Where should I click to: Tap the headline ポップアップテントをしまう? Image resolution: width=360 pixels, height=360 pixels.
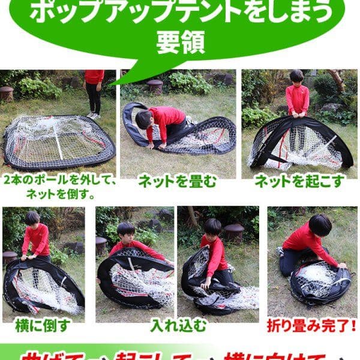(x=180, y=12)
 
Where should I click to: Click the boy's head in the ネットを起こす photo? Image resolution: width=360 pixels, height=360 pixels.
(x=296, y=76)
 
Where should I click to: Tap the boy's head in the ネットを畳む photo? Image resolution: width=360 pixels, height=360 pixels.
(x=144, y=119)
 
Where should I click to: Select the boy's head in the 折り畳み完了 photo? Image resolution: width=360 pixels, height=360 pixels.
(x=320, y=225)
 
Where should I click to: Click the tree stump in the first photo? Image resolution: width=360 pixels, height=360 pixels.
(x=7, y=93)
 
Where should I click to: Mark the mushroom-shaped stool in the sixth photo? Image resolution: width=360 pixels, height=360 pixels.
(x=233, y=232)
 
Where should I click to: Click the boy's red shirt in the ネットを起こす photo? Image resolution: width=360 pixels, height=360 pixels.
(x=297, y=98)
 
